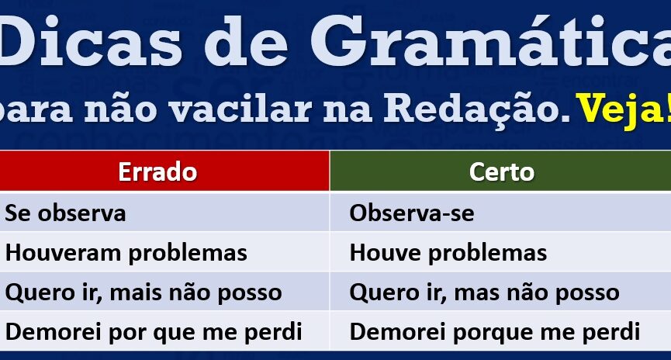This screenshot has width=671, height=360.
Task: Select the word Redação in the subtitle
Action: pyautogui.click(x=476, y=107)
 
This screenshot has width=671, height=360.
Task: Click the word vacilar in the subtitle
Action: pyautogui.click(x=240, y=109)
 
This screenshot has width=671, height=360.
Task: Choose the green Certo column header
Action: pyautogui.click(x=500, y=171)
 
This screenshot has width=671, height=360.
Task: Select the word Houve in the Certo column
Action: pyautogui.click(x=385, y=253)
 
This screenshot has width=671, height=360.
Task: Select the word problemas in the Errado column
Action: pyautogui.click(x=188, y=254)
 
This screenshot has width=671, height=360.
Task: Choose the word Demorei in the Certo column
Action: pyautogui.click(x=397, y=332)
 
